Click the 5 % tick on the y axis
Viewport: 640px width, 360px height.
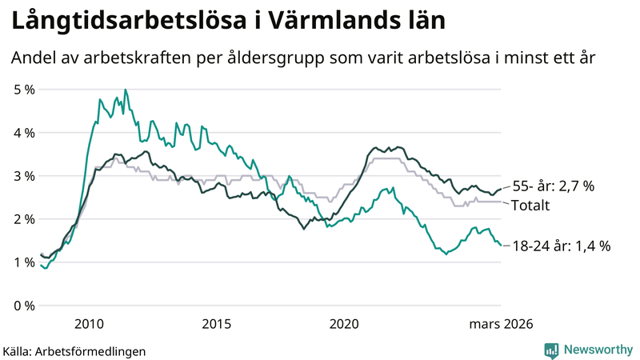click(x=24, y=90)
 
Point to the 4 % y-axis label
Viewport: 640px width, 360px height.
click(x=24, y=133)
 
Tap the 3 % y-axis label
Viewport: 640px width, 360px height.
click(x=24, y=176)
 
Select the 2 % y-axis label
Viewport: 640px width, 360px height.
click(x=24, y=219)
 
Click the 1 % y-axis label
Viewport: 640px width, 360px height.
click(x=24, y=262)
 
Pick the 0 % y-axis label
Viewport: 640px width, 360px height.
click(x=24, y=306)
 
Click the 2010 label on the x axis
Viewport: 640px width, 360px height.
click(x=89, y=324)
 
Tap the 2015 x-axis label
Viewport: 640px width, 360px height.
click(x=217, y=324)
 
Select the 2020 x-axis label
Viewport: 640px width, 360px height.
click(x=345, y=324)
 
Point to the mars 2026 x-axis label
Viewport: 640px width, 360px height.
click(x=502, y=324)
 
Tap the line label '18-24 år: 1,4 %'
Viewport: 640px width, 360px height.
click(x=562, y=246)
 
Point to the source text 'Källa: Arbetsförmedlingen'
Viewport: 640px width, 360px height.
click(x=74, y=351)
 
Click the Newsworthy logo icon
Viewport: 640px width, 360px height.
click(x=551, y=350)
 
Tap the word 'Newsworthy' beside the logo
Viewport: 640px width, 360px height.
click(x=598, y=350)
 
